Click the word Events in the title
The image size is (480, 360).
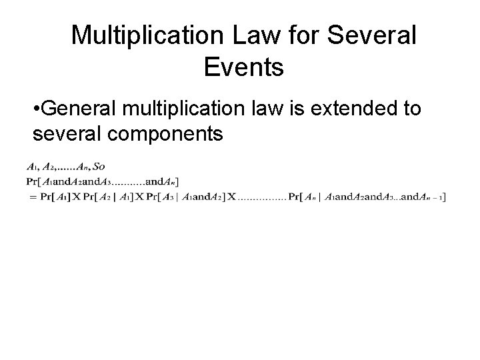[x=243, y=66]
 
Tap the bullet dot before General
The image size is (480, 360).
[x=35, y=109]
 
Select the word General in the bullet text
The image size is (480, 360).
[x=77, y=109]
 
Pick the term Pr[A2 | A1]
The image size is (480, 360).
[x=108, y=197]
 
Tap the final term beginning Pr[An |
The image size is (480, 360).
[x=367, y=197]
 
